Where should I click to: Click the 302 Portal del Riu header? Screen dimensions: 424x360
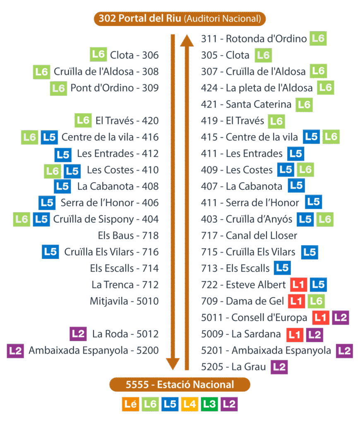180,19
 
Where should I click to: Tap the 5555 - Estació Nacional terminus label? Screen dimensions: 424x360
180,385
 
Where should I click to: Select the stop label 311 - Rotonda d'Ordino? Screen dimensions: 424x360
254,39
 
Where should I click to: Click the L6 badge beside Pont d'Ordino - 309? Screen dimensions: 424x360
59,88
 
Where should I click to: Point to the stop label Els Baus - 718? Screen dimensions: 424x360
128,236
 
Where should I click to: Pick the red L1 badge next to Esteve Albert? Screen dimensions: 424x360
298,285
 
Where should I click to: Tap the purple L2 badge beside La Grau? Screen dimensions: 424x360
279,367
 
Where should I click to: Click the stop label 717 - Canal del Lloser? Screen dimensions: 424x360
249,236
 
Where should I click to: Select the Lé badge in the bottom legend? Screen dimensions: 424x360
130,404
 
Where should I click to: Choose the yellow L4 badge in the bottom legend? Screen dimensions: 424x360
190,404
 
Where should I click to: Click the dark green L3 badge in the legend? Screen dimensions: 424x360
210,404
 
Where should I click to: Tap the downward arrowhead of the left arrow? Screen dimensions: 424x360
173,364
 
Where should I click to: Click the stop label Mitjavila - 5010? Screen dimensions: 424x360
124,301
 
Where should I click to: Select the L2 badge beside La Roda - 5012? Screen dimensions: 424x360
78,334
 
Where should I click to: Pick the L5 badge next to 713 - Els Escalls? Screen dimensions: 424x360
282,268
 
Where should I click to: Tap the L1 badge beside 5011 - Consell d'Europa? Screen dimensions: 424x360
321,318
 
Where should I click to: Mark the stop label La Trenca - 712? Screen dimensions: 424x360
125,285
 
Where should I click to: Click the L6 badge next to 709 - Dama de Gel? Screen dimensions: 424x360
316,301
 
